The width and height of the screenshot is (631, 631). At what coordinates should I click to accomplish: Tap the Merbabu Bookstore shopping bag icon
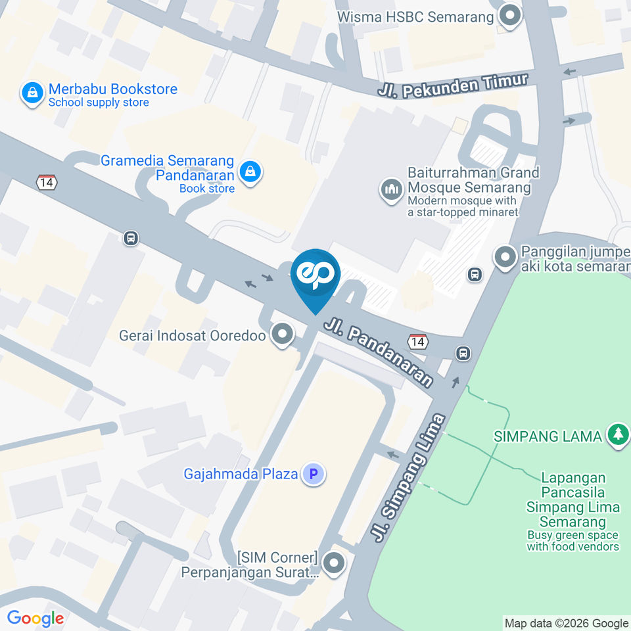coord(32,93)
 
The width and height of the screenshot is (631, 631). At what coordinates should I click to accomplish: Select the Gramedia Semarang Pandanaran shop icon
coord(250,172)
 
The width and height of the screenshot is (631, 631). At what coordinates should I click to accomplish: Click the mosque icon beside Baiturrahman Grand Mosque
coord(392,191)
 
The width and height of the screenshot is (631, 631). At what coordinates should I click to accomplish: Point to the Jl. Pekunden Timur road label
coord(454,86)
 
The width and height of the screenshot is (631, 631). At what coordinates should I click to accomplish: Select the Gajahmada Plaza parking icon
coord(314,473)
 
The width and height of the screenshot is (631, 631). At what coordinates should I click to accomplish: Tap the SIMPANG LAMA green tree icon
coord(617,434)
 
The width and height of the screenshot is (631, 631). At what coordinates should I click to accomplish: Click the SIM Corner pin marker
coord(335,563)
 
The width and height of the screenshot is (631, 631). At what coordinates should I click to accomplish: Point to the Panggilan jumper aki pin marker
coord(505,257)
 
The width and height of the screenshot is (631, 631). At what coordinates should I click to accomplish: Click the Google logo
coord(35,618)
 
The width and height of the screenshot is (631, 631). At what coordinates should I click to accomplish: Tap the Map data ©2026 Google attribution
coord(566,623)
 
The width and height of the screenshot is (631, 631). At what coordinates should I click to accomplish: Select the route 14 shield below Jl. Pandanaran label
coord(417,341)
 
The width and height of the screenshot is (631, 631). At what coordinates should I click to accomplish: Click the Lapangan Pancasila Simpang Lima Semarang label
coord(574,500)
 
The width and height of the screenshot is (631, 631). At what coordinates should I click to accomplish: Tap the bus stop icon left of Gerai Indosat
coord(130,238)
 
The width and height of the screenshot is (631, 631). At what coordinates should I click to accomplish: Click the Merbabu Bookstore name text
coord(112,89)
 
